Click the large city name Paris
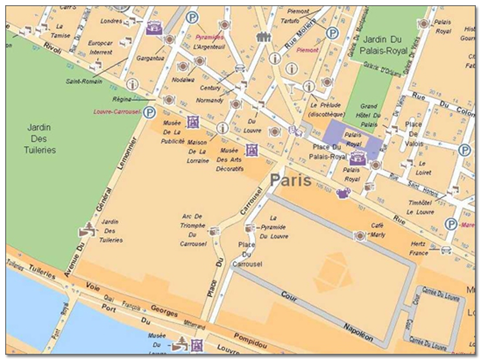click(291, 181)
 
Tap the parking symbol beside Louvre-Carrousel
click(150, 112)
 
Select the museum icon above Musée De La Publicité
click(193, 122)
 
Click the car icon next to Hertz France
click(446, 250)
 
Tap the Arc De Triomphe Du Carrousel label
click(194, 230)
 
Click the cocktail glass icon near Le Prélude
click(292, 88)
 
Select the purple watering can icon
click(343, 193)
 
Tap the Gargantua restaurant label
click(150, 58)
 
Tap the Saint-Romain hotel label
click(81, 81)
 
